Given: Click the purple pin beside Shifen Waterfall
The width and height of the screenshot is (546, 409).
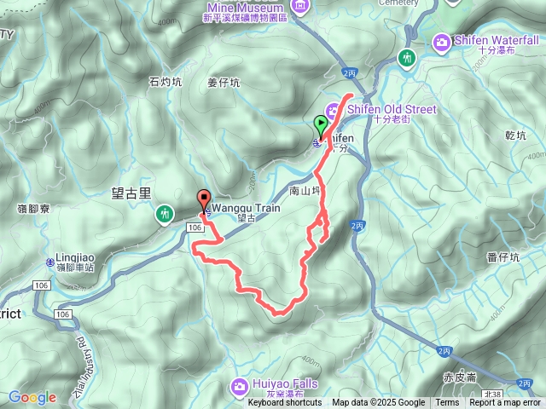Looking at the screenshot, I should [442, 40].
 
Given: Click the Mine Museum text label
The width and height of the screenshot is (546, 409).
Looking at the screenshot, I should [245, 6].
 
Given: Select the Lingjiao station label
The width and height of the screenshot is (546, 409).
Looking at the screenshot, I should [71, 255].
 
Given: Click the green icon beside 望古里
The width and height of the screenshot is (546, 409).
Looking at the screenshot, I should [162, 216].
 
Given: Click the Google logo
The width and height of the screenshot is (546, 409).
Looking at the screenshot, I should [32, 397].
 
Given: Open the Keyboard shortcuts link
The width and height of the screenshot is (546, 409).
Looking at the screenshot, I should [285, 403].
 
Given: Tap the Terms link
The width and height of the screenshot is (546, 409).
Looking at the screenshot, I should [447, 403].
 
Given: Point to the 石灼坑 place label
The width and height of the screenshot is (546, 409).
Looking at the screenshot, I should [166, 83].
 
